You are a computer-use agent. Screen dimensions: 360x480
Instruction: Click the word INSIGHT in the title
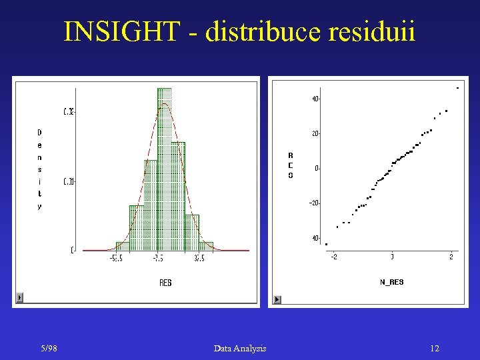[x=122, y=32]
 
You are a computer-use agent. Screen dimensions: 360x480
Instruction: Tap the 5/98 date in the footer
[x=48, y=348]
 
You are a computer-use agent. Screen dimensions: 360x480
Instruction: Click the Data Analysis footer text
[x=240, y=348]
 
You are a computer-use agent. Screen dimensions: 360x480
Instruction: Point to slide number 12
[x=434, y=348]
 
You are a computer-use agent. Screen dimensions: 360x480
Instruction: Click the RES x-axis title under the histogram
[x=165, y=283]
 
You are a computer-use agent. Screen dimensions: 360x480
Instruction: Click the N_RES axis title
[x=391, y=282]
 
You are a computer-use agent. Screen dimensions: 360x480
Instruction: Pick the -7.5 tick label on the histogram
[x=159, y=258]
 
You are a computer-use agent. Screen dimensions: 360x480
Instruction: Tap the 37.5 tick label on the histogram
[x=199, y=258]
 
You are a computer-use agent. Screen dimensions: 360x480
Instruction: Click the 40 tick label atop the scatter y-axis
[x=314, y=99]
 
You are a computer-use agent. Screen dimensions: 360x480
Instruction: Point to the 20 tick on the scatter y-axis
[x=315, y=133]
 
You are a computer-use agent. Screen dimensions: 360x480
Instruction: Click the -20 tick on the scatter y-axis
[x=313, y=203]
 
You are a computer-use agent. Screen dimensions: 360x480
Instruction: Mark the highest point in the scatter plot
[x=457, y=88]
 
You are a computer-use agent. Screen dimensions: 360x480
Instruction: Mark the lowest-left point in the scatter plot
[x=326, y=244]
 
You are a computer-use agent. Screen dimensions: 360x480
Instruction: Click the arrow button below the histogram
[x=19, y=297]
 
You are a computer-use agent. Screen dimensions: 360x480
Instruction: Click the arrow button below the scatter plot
[x=277, y=299]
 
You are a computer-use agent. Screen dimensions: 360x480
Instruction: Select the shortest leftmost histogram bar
[x=122, y=246]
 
